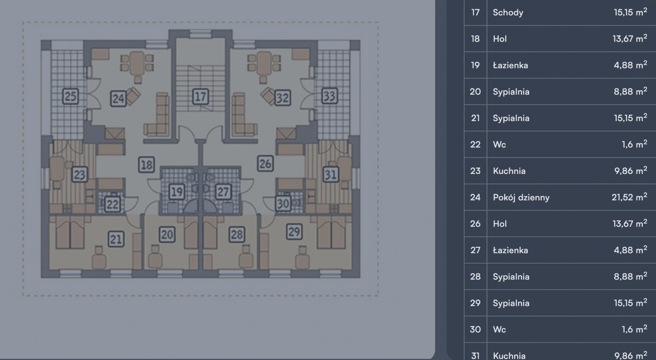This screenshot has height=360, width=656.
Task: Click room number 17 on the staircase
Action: [x=201, y=97]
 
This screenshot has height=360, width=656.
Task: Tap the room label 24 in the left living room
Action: [x=118, y=98]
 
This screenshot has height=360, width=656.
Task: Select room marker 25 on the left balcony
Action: [x=70, y=96]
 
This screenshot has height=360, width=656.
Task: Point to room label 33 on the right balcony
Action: [x=329, y=96]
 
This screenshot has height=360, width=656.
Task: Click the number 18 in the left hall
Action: [x=146, y=165]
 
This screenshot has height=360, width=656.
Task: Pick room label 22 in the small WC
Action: [x=112, y=204]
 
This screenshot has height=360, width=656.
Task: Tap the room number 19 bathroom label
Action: [x=177, y=192]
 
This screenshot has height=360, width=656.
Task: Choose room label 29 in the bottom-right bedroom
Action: [x=294, y=232]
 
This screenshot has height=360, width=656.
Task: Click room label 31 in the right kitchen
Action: [x=331, y=174]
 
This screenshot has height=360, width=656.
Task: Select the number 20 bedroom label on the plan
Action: [x=167, y=235]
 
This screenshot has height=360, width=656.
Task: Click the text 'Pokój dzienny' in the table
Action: [x=521, y=198]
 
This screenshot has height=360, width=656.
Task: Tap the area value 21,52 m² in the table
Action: [x=629, y=197]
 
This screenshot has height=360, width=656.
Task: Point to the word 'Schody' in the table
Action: [x=508, y=13]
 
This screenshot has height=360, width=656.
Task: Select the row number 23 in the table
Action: [x=475, y=171]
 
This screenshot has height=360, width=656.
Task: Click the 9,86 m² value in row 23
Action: [x=631, y=171]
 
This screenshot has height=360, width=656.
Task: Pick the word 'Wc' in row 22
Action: [x=500, y=145]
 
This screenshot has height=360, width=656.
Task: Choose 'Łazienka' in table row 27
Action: [x=510, y=250]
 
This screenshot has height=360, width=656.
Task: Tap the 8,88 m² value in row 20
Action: [x=631, y=92]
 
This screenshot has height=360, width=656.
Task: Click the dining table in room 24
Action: [x=137, y=63]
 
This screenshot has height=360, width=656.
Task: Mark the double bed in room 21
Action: [x=69, y=233]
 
